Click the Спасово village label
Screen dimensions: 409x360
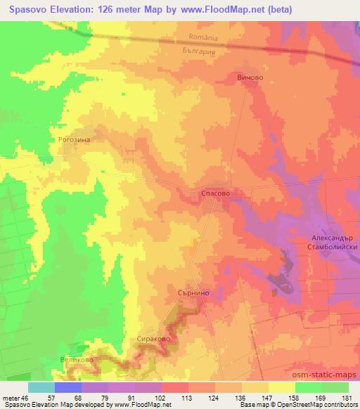213,193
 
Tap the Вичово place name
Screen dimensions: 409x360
250,79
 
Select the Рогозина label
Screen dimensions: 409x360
76,140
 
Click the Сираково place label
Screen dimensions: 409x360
152,338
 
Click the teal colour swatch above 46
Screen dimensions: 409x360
41,387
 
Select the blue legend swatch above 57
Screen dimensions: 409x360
68,387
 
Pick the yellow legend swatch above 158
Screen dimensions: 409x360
282,387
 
